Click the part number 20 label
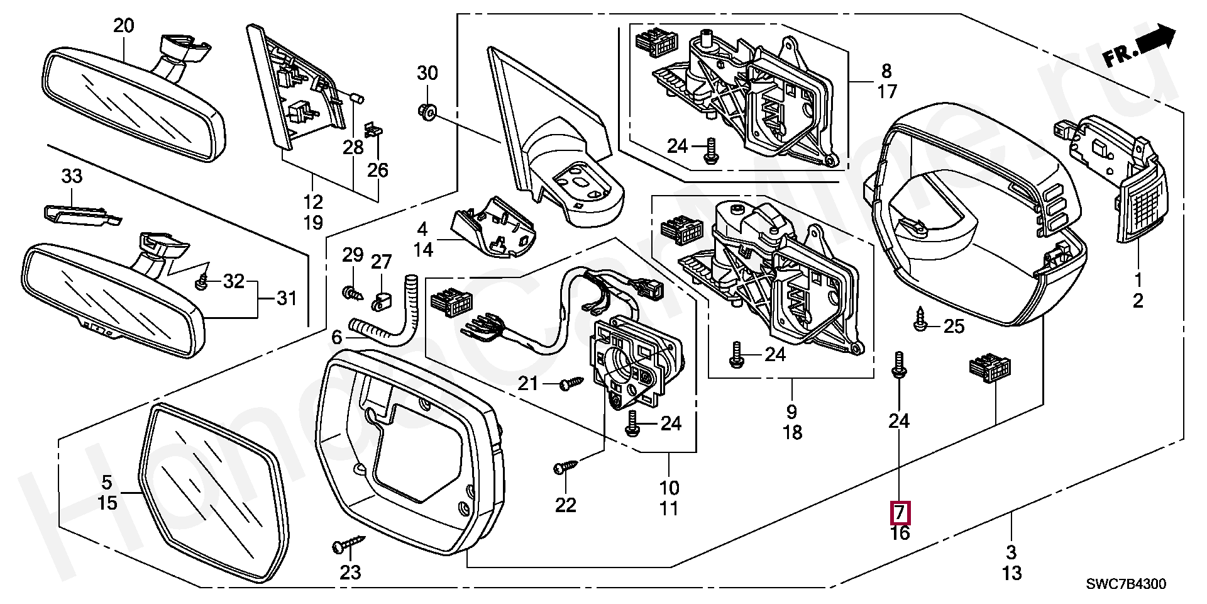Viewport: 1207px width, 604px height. pos(124,26)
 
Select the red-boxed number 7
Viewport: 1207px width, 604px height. pos(900,513)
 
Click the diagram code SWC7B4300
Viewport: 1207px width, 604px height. pos(1127,584)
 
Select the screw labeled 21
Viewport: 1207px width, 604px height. pos(572,382)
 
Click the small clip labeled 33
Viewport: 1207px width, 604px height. pos(82,213)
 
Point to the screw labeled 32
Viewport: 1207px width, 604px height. pos(202,282)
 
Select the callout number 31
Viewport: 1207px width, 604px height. pos(287,298)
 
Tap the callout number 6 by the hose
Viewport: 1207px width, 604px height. pos(337,338)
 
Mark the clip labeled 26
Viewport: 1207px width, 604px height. pos(375,130)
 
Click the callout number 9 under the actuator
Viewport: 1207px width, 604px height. pos(791,412)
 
